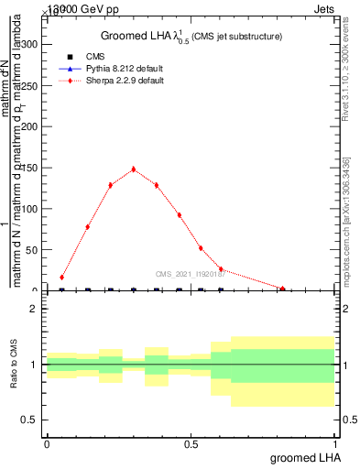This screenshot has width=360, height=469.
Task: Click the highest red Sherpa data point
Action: [134, 169]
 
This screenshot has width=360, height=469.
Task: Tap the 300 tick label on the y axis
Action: [27, 43]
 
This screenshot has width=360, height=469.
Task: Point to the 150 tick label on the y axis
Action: [27, 168]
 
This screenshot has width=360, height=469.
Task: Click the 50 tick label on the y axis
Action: [30, 250]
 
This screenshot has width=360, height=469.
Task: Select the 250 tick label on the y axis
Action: [27, 84]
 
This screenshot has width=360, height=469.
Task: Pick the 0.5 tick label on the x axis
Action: [191, 443]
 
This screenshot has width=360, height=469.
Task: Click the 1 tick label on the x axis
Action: [334, 443]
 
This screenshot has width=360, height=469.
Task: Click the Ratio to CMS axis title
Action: [14, 365]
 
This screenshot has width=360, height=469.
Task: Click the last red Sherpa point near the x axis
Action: [283, 289]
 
